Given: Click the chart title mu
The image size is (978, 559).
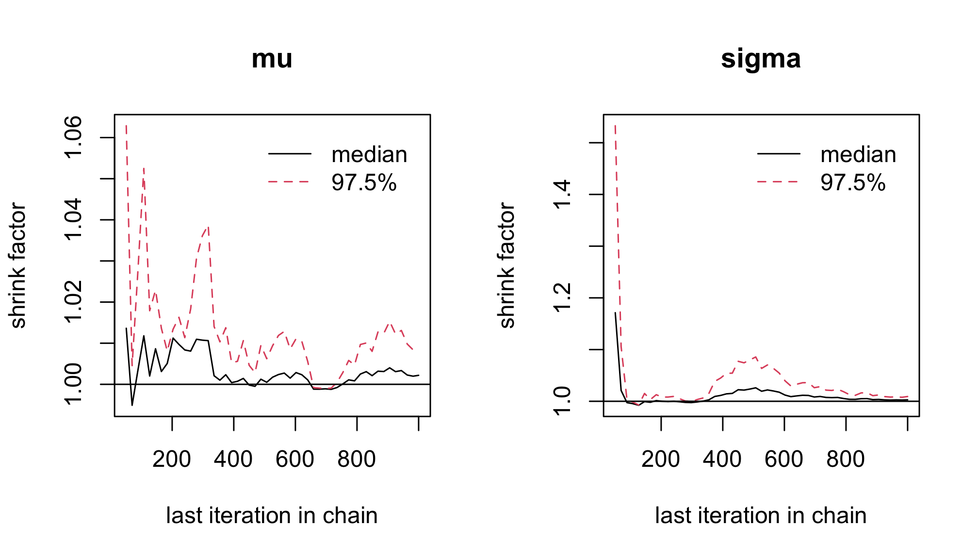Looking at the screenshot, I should click(x=272, y=59).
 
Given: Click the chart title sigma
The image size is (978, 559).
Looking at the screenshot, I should click(x=761, y=59).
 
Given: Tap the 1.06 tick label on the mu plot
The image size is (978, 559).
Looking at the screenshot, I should click(x=73, y=137).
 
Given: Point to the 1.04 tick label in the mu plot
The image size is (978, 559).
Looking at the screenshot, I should click(x=73, y=220).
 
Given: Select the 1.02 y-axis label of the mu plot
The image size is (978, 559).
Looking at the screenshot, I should click(x=73, y=302).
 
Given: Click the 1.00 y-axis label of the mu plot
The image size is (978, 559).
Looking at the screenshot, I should click(x=73, y=384).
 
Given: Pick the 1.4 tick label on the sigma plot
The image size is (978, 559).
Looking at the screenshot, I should click(x=562, y=194).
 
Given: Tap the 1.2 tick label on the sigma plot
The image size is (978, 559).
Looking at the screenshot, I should click(x=562, y=297).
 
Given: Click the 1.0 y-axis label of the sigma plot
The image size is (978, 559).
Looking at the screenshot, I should click(x=562, y=401).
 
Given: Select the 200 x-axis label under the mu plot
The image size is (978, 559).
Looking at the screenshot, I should click(x=172, y=459).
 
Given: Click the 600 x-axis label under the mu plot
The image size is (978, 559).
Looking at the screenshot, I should click(x=295, y=459).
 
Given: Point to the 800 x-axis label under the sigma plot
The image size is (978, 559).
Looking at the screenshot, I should click(x=846, y=459).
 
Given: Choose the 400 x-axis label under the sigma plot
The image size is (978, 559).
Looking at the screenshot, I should click(x=722, y=459).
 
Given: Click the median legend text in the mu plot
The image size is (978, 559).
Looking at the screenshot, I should click(x=369, y=155).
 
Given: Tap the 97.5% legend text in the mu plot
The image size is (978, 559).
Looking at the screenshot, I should click(x=364, y=183).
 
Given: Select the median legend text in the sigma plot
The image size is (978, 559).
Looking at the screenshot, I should click(x=858, y=155).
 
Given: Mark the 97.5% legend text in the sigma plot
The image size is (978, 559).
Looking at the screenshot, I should click(x=853, y=183).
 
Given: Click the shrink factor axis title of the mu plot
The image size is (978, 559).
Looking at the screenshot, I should click(x=18, y=265).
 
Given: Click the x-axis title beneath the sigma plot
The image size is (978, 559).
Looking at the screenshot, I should click(x=761, y=515).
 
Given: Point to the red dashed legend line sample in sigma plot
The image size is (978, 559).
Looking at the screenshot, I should click(x=778, y=182).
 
